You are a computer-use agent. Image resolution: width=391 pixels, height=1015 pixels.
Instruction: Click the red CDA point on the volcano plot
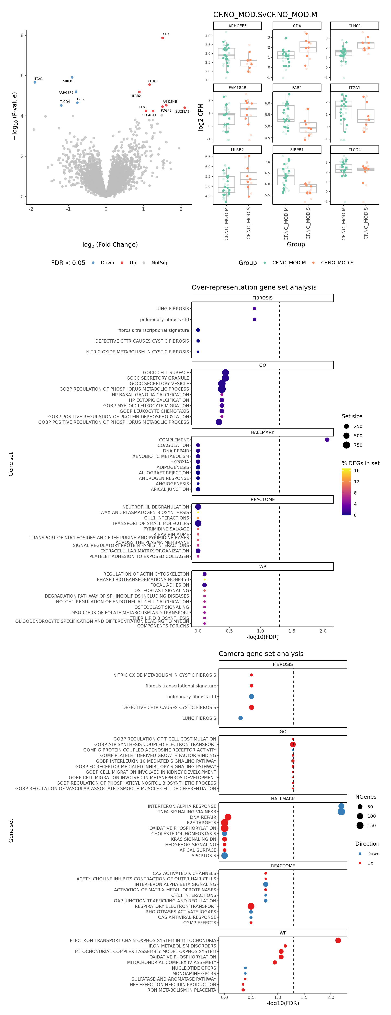pos(163,38)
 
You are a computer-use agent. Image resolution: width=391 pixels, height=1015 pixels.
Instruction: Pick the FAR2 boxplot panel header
pos(297,88)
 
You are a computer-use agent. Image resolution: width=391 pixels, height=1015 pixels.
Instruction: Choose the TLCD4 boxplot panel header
pos(354,150)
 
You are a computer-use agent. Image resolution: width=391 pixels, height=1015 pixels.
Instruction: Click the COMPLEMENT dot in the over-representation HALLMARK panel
pos(327,440)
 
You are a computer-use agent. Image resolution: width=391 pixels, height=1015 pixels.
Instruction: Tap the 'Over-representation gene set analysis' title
pos(254,287)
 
